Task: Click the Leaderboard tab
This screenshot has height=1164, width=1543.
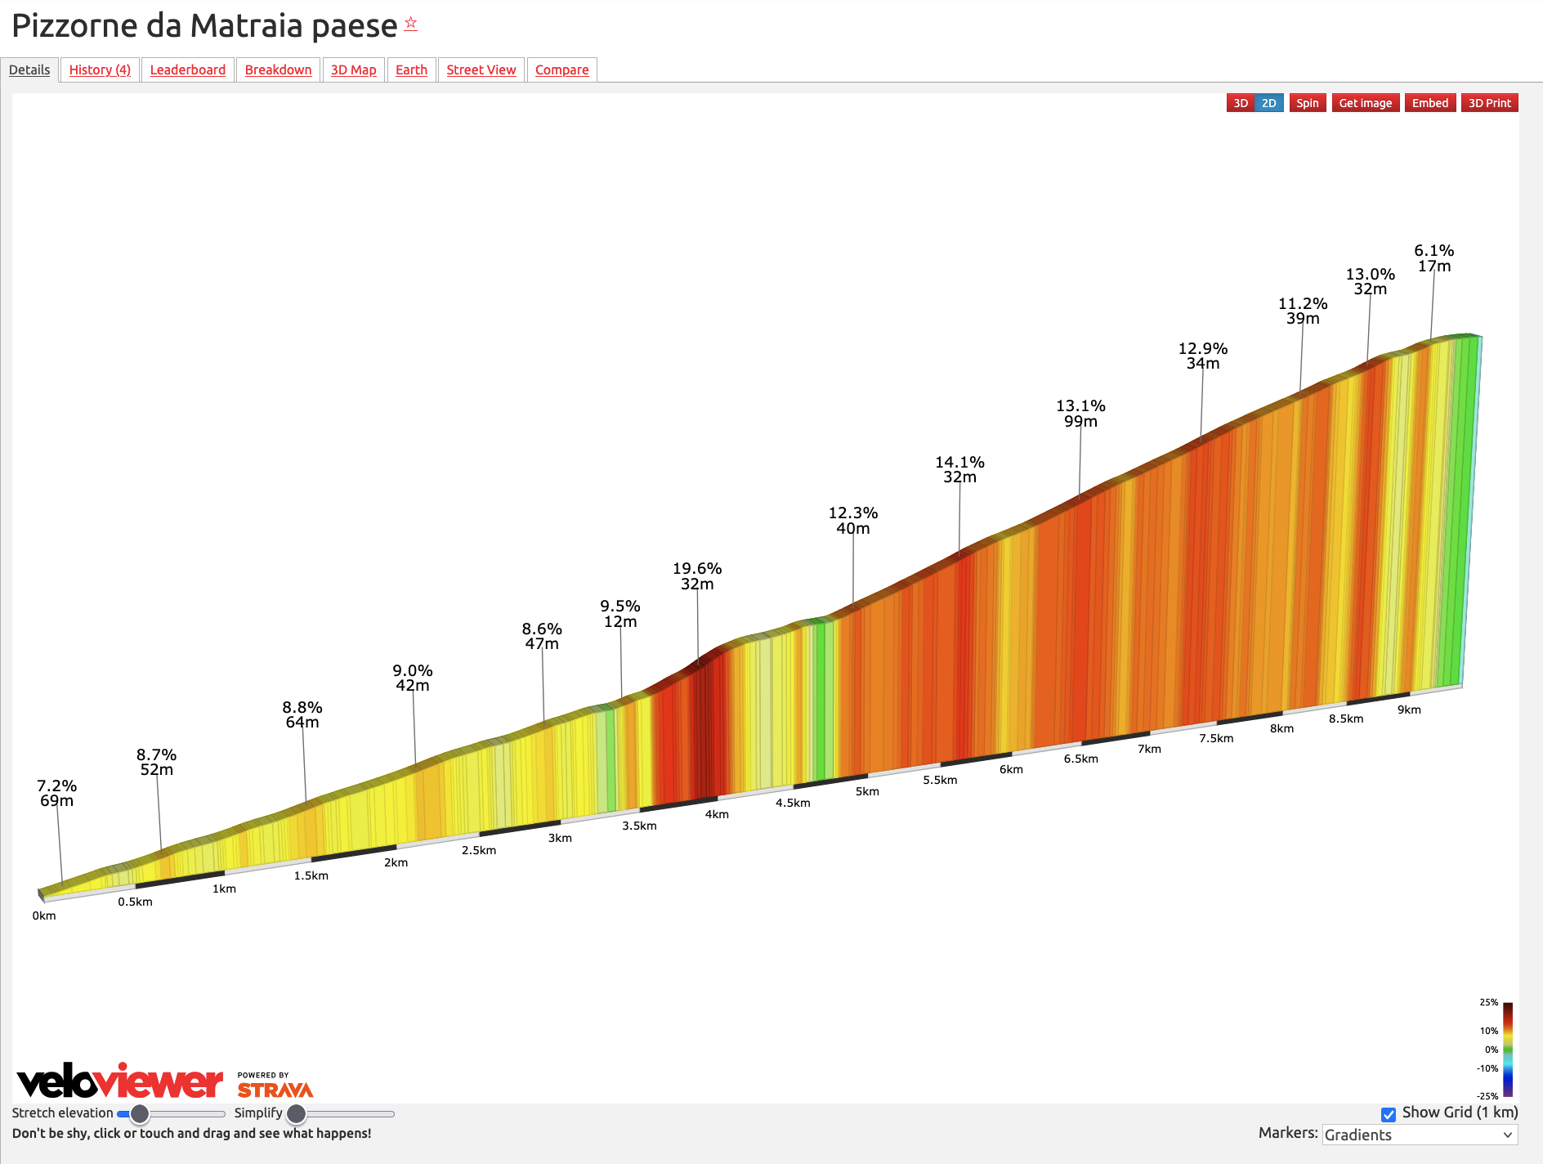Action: (188, 69)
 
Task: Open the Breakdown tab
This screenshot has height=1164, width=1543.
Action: (278, 69)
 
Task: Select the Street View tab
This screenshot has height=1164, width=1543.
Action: (481, 69)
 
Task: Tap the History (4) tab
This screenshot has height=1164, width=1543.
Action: (100, 69)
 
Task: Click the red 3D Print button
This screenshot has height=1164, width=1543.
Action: (1489, 103)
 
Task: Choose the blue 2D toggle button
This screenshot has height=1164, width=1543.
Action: (1268, 103)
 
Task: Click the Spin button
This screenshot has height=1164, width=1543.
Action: (1307, 103)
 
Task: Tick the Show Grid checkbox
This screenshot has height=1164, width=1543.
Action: (1388, 1114)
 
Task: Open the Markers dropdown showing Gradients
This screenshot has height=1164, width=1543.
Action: (1420, 1135)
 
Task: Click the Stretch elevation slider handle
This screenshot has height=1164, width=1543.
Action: (140, 1114)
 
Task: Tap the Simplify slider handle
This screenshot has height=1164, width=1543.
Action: (296, 1114)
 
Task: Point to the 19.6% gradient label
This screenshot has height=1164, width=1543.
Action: (697, 569)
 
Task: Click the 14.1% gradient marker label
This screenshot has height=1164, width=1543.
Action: (959, 463)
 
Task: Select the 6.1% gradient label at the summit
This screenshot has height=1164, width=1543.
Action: (1434, 251)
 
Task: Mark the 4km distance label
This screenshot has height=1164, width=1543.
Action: (717, 814)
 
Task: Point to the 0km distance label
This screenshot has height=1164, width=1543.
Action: (44, 916)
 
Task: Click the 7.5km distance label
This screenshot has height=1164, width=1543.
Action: (1216, 738)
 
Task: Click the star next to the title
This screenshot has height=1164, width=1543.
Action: (411, 23)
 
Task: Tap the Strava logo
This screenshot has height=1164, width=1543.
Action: (275, 1090)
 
